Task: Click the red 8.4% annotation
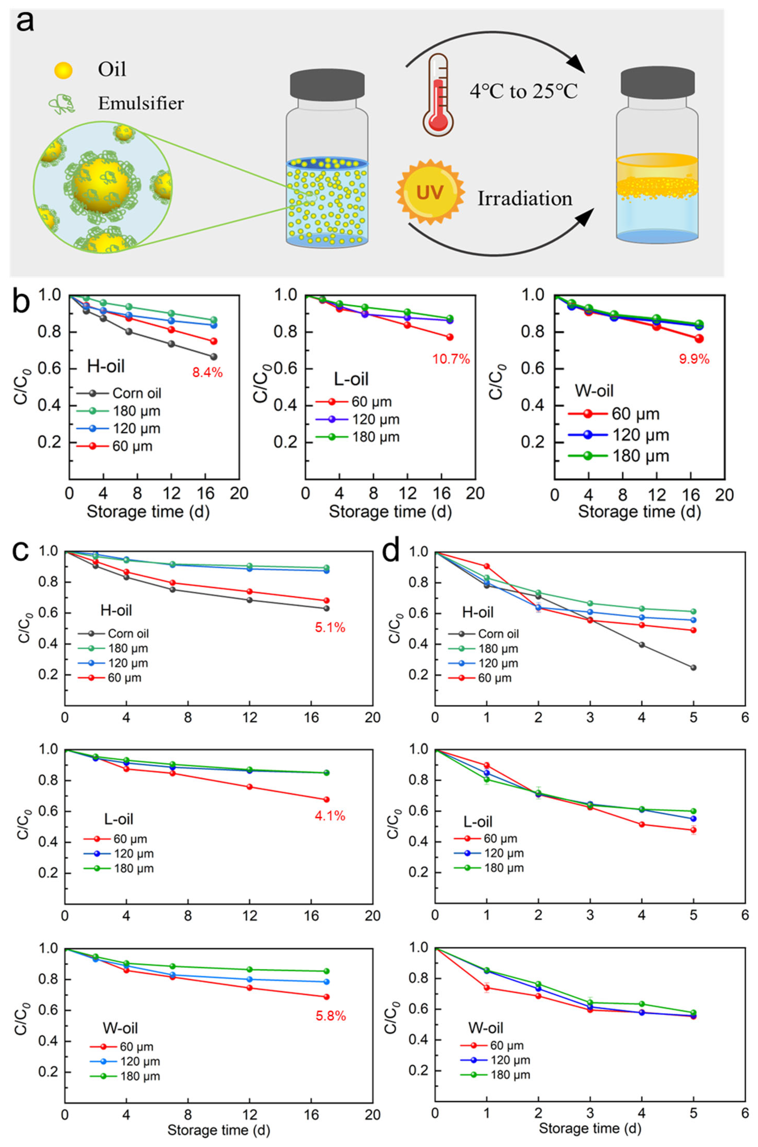point(207,372)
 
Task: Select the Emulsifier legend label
point(141,103)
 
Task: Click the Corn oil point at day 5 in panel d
point(693,668)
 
